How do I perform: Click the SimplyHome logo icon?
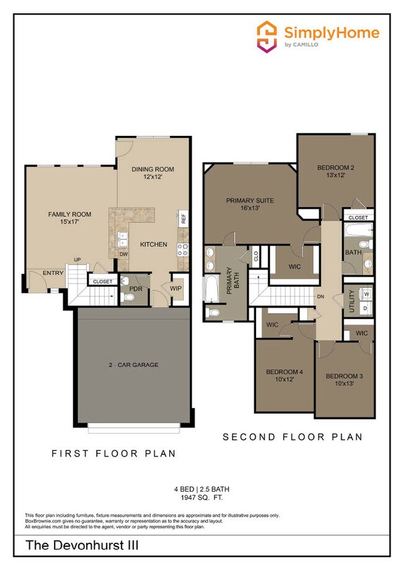pyautogui.click(x=267, y=37)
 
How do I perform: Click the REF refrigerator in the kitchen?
pyautogui.click(x=184, y=218)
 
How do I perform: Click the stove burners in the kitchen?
pyautogui.click(x=183, y=249)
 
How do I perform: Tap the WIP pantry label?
pyautogui.click(x=175, y=287)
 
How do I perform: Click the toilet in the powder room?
pyautogui.click(x=129, y=298)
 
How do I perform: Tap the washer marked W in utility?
pyautogui.click(x=366, y=293)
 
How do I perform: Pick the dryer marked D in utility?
pyautogui.click(x=366, y=308)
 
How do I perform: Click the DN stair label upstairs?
pyautogui.click(x=321, y=297)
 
